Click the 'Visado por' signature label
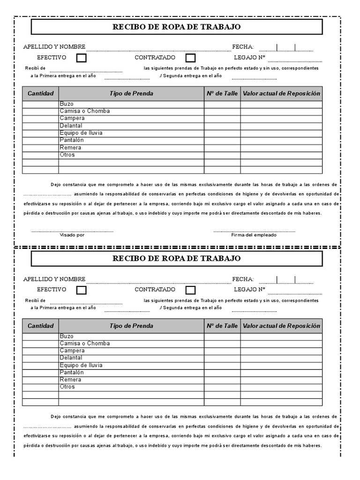coord(72,235)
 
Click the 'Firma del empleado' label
coord(254,235)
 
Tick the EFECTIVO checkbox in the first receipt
coord(82,58)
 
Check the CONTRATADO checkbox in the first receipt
coord(190,58)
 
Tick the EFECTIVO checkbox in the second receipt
coord(82,290)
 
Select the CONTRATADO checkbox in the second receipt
coord(190,290)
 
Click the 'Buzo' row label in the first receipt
coord(67,104)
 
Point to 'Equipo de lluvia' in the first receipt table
coord(81,133)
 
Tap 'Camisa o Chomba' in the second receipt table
coord(84,344)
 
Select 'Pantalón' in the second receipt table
coord(71,372)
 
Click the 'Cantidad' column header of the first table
coord(41,93)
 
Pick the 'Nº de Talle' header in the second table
coord(222,326)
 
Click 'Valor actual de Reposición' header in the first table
coord(281,93)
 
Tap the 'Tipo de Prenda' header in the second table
coord(131,326)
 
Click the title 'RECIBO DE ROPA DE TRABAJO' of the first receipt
coord(177,27)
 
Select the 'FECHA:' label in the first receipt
coord(243,46)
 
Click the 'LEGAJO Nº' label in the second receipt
coord(249,290)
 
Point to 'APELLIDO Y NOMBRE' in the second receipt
coord(54,279)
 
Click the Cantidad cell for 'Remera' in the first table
coord(41,148)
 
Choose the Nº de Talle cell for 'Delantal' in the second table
coord(222,358)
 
